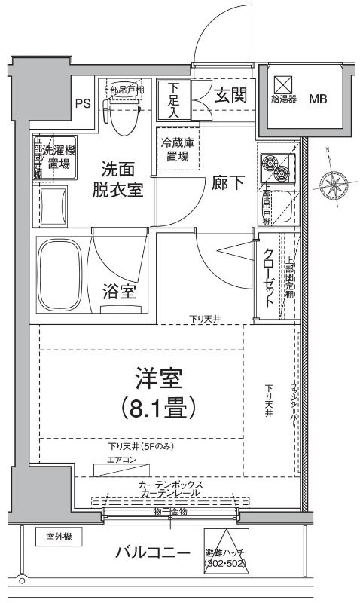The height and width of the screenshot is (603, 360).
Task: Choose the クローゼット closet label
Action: (x=269, y=278)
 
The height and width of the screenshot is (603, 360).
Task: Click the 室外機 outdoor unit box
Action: (x=58, y=537)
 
